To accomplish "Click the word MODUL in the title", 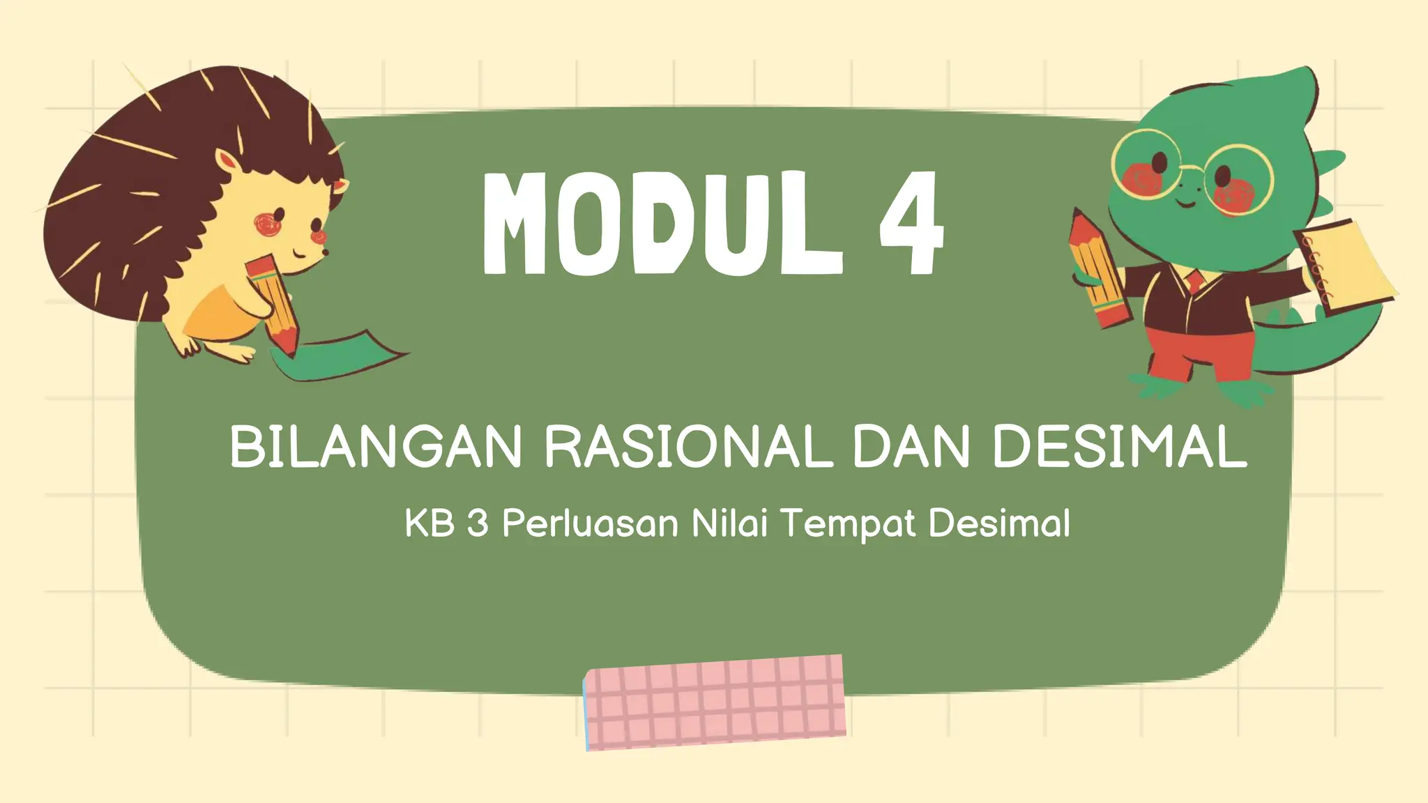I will pos(662,223).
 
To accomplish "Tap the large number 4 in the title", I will pos(911,223).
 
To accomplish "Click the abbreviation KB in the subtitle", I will pos(430,523).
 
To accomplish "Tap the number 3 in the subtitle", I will pos(478,523).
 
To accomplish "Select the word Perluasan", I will pos(590,523).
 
